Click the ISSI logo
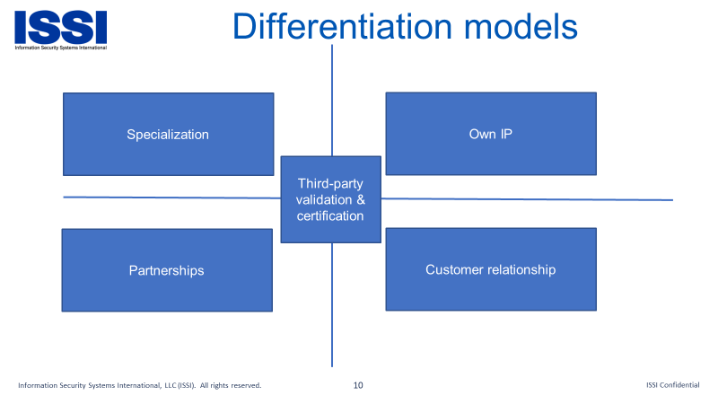[60, 31]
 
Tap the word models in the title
[521, 26]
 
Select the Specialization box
[169, 134]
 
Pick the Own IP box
[491, 134]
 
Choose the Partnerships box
[167, 270]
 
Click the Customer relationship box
[491, 269]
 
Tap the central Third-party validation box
[330, 199]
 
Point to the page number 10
[358, 385]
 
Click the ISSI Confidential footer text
[672, 385]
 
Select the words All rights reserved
[231, 385]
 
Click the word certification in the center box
[330, 215]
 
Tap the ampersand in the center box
[361, 199]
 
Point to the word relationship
[519, 270]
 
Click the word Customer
[452, 270]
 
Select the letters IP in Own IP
[506, 134]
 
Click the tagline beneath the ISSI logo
[60, 48]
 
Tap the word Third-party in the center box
[330, 184]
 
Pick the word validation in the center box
[324, 199]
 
